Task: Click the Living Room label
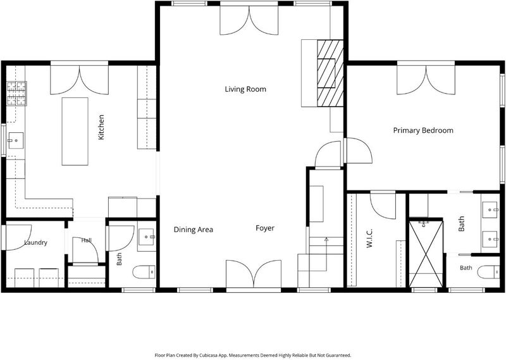pos(245,89)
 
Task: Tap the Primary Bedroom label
pos(423,130)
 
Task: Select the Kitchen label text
pos(101,127)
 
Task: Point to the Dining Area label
pos(194,230)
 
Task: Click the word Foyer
pos(265,228)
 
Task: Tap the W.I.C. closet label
pos(369,239)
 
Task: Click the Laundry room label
pos(36,242)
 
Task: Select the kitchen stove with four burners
pos(17,94)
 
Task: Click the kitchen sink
pos(16,140)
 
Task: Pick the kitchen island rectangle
pos(75,132)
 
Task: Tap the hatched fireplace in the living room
pos(330,73)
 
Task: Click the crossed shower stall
pos(426,254)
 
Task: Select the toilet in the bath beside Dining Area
pos(144,272)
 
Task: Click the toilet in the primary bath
pos(488,272)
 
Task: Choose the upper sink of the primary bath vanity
pos(490,210)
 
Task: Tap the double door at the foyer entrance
pos(254,274)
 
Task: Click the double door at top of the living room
pos(249,20)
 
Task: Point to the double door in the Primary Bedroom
pos(426,80)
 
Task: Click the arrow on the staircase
pos(326,254)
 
